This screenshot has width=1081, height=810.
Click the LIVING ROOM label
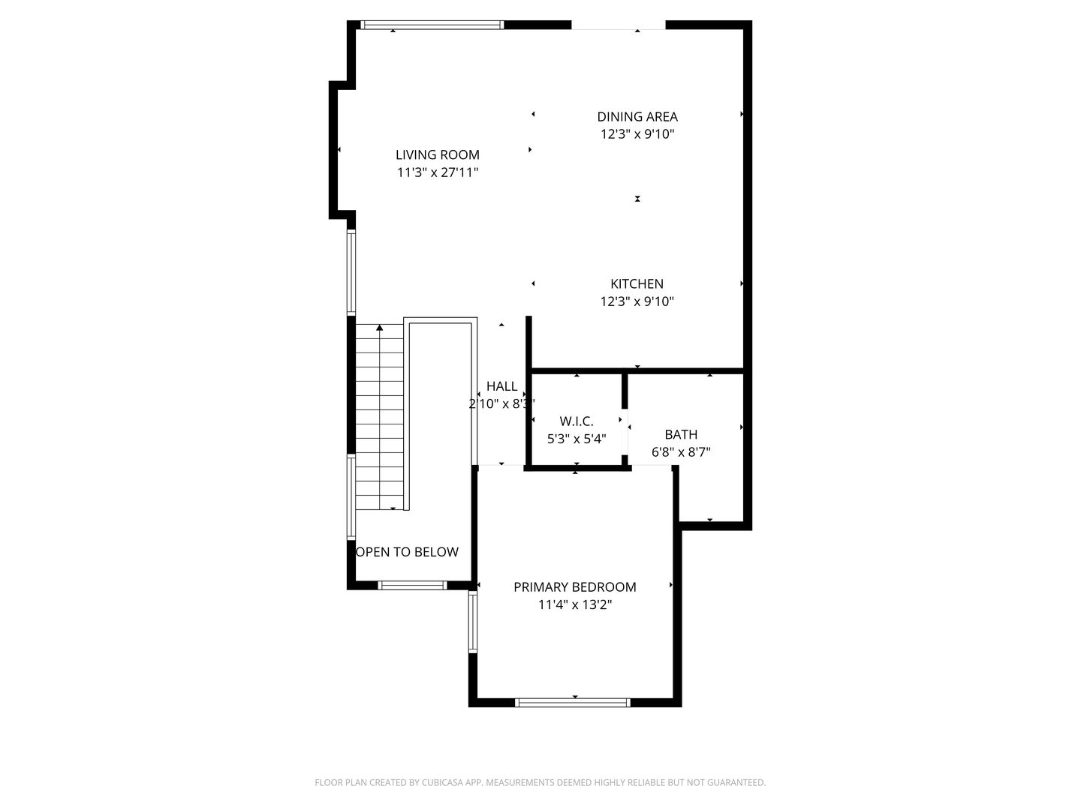click(438, 155)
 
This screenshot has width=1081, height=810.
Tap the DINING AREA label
click(637, 117)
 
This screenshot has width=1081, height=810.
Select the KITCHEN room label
click(637, 284)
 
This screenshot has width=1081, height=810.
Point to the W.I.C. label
click(577, 421)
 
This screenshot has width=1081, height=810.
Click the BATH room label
click(681, 435)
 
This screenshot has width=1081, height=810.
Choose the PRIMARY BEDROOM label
click(575, 587)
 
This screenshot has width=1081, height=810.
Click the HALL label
click(501, 386)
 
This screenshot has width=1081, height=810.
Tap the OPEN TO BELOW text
click(407, 553)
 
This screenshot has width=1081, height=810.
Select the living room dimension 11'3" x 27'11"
click(438, 173)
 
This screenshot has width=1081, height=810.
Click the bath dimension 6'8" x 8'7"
click(681, 452)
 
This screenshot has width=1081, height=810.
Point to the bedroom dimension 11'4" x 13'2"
click(575, 605)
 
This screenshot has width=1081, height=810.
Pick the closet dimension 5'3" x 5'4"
click(577, 439)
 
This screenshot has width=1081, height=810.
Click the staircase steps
click(380, 420)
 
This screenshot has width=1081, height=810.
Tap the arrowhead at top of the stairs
click(380, 328)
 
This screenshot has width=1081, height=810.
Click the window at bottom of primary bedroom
click(572, 703)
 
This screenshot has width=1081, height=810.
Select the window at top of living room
click(432, 25)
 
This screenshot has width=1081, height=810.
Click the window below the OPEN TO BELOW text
click(412, 585)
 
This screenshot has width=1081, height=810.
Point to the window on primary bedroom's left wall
click(473, 622)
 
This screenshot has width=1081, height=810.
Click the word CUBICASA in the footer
click(446, 783)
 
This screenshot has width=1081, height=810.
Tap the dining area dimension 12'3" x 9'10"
click(637, 135)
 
